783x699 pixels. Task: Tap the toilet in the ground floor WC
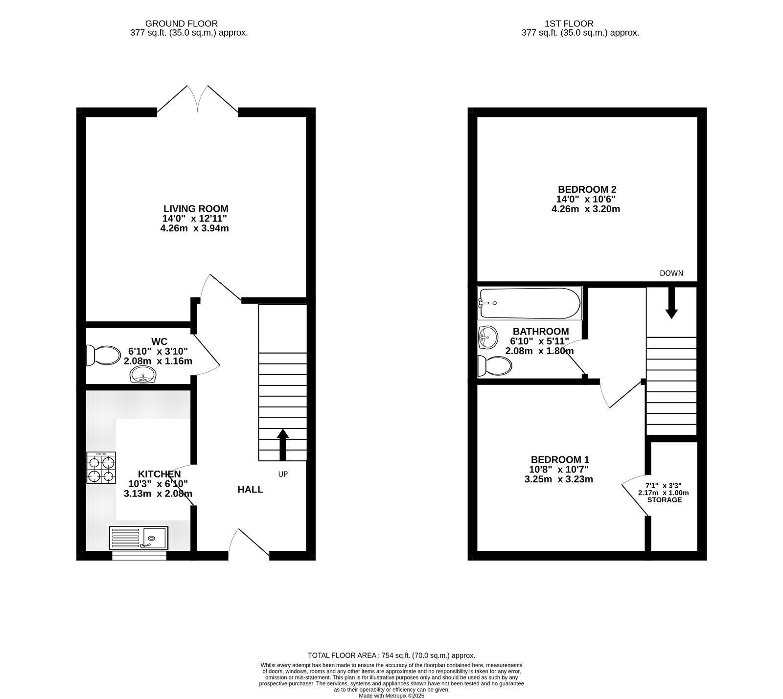103,356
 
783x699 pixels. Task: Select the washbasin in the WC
143,375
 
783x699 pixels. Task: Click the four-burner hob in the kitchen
101,468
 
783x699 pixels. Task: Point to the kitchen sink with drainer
138,537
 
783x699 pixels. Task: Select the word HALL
251,490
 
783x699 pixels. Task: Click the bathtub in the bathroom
530,303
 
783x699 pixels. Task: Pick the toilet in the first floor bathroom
495,365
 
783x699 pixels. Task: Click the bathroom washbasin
487,337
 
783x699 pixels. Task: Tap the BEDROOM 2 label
587,189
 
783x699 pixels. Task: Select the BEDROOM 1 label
560,460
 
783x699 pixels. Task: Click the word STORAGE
664,500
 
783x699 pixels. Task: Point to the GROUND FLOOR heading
182,23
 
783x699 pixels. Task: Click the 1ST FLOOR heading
569,23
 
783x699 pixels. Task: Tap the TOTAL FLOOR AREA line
391,655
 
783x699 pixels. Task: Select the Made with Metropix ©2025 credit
391,696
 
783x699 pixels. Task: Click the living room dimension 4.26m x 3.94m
195,228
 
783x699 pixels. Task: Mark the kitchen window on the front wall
139,555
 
